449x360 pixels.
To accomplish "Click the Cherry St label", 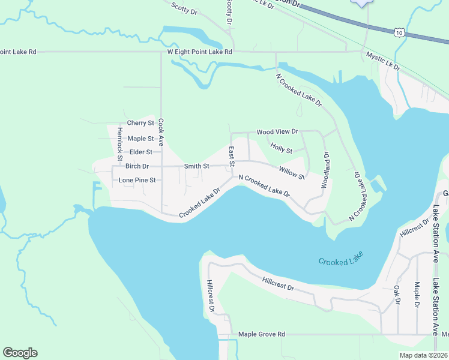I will point(140,123).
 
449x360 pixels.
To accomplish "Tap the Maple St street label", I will point(141,139).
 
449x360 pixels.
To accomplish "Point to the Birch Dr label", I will point(137,166).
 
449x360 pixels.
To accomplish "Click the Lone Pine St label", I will point(137,180).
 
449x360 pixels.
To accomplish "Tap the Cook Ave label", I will point(161,132).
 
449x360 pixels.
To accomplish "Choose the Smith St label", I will point(197,166).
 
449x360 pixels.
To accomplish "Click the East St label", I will point(231,156).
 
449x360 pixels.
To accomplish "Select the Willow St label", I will point(292,173).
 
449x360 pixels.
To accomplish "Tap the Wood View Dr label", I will point(277,131).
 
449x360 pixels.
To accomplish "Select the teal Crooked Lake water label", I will point(342,262).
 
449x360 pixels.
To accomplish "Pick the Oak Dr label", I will point(397,295).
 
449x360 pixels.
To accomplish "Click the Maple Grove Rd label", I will point(261,334).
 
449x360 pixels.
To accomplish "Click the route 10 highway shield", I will point(399,34).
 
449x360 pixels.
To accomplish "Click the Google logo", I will point(20,353).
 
